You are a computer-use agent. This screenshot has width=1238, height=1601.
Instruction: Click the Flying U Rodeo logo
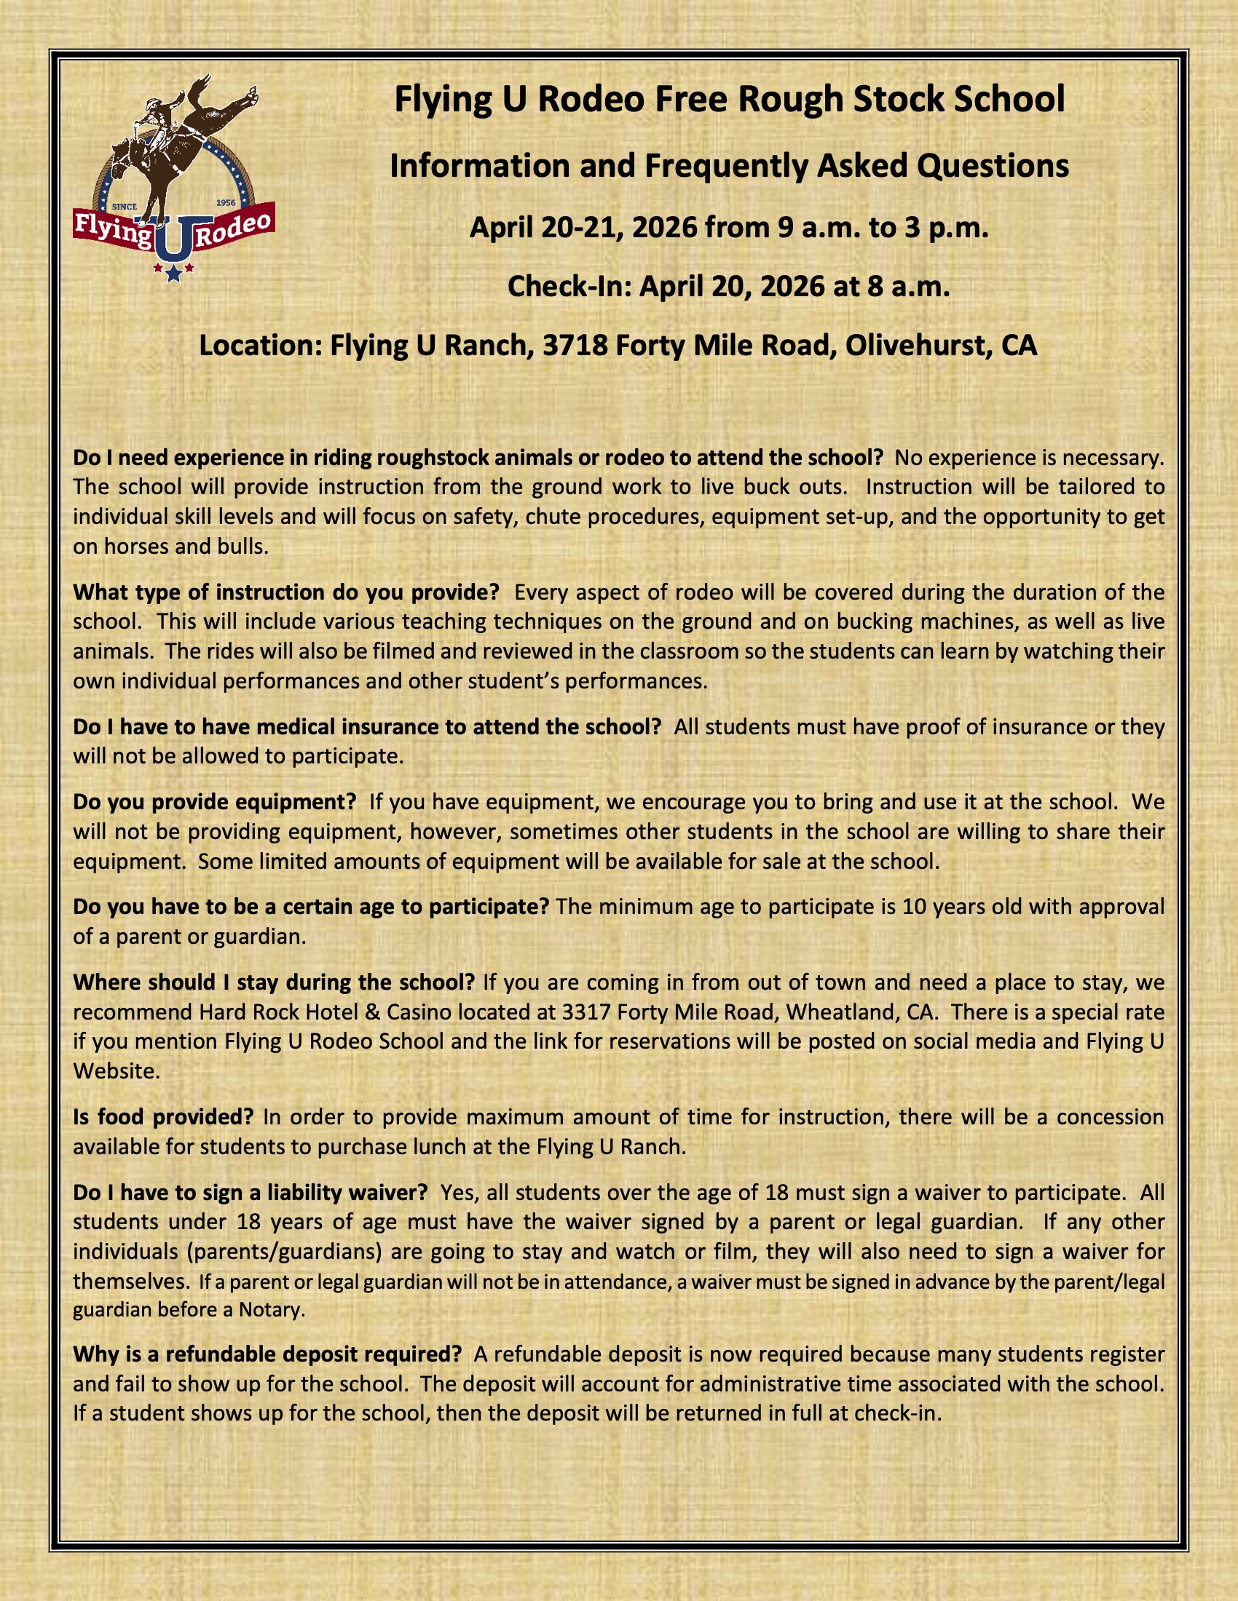click(174, 180)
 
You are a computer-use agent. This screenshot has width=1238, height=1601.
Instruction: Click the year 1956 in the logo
click(226, 202)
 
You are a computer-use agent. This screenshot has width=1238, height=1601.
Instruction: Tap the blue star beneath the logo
click(174, 274)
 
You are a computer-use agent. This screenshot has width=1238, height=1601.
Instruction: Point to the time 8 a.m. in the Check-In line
click(908, 286)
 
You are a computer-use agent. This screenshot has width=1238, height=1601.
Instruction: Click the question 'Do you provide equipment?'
click(214, 802)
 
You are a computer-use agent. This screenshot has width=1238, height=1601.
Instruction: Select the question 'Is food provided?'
click(163, 1117)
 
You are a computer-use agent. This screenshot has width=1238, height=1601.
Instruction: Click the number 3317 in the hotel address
click(586, 1012)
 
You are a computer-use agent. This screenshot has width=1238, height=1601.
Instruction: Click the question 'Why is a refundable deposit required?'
click(267, 1354)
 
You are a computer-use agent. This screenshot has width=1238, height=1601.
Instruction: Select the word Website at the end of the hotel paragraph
click(116, 1072)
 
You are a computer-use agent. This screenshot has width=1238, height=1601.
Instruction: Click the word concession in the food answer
click(1110, 1117)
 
